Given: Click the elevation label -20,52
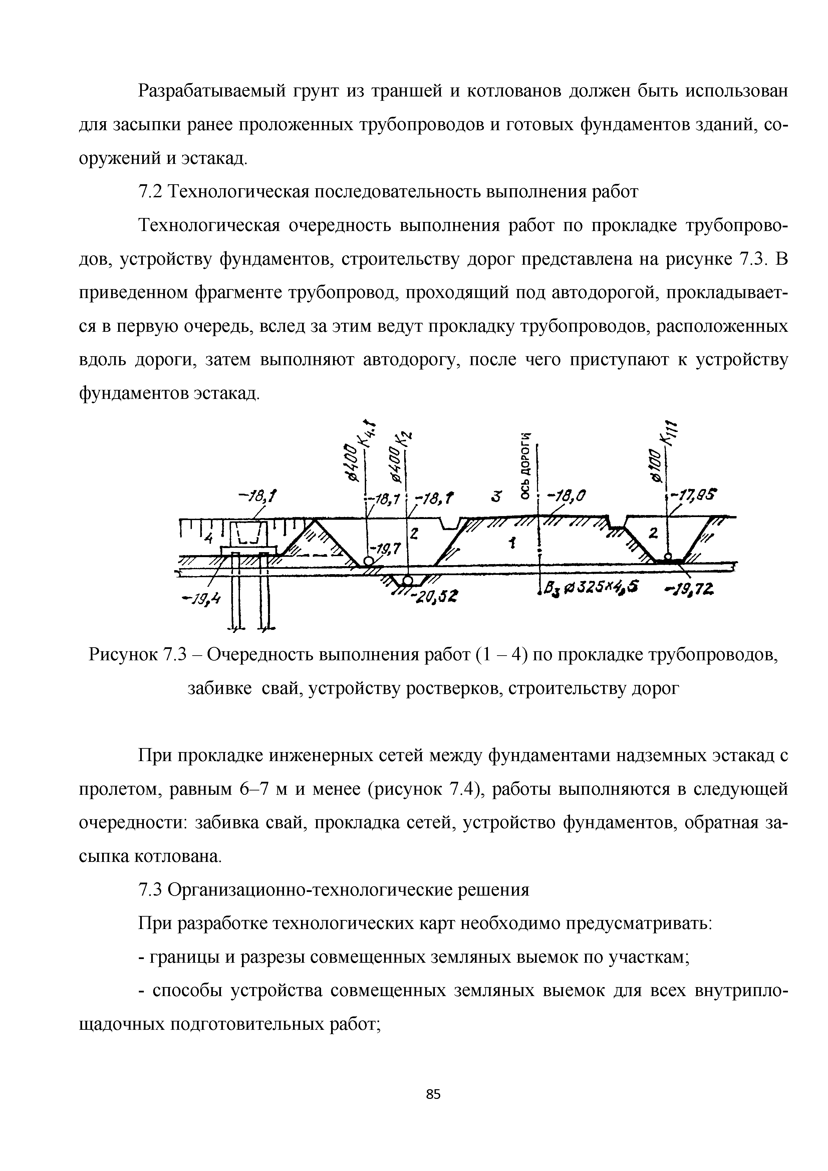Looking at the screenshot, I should [436, 595].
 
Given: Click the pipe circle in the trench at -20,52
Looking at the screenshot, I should [407, 580].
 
